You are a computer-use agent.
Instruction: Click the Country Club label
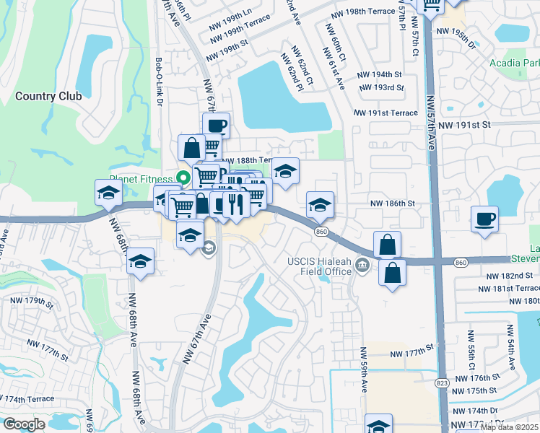click(46, 95)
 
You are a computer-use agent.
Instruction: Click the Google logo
click(25, 424)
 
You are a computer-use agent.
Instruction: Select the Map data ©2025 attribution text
click(509, 427)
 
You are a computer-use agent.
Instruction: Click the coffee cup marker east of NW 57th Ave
click(484, 219)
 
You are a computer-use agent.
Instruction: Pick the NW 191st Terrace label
click(386, 113)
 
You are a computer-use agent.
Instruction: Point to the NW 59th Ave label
click(364, 371)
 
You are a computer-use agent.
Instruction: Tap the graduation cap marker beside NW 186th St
click(320, 204)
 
